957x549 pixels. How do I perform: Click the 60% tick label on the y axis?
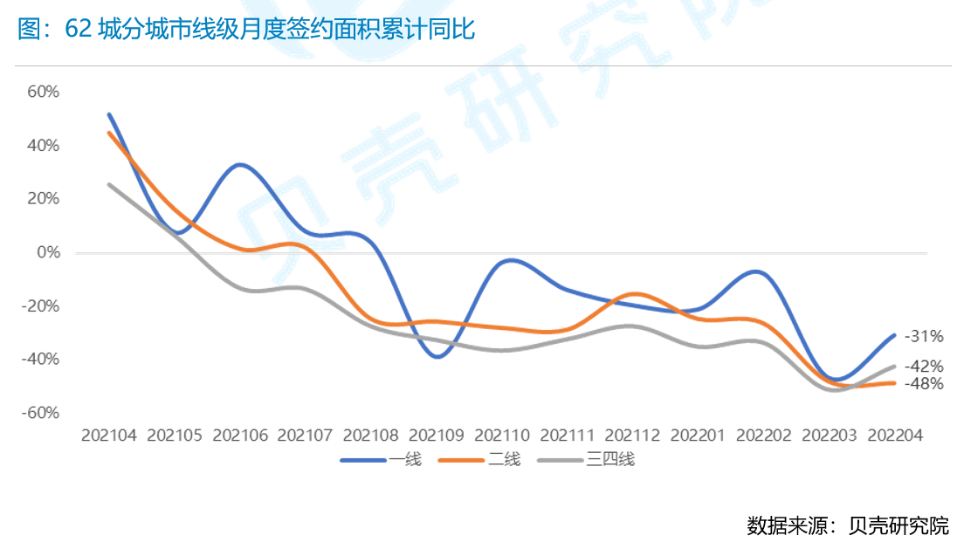click(x=44, y=92)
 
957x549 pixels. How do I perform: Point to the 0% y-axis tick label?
click(x=47, y=252)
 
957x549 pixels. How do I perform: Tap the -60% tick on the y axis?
click(x=41, y=413)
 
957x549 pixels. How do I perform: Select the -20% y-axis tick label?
click(x=41, y=306)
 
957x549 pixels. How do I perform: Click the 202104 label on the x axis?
click(x=109, y=434)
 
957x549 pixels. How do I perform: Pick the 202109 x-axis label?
click(x=436, y=434)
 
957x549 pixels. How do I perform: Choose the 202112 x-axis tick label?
click(x=632, y=434)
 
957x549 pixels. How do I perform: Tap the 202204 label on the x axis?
click(x=894, y=434)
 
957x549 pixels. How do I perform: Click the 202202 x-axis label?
click(x=763, y=434)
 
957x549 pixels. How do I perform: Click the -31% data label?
click(x=924, y=336)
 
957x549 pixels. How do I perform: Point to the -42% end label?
click(x=924, y=367)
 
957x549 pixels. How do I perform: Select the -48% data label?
click(x=924, y=383)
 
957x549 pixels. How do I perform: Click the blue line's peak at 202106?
click(x=240, y=164)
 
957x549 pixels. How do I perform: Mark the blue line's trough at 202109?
click(x=437, y=356)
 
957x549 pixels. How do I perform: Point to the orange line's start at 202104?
click(x=109, y=133)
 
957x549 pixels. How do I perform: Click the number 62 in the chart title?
click(x=79, y=31)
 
